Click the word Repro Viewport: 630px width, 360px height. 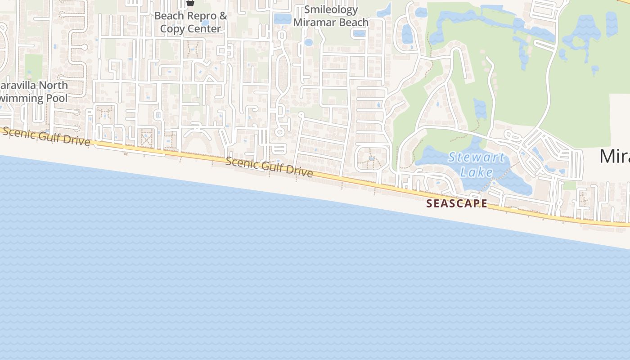pyautogui.click(x=202, y=16)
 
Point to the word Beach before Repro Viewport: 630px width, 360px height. pyautogui.click(x=169, y=16)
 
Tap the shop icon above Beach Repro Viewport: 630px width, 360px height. pyautogui.click(x=190, y=3)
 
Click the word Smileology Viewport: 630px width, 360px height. pyautogui.click(x=331, y=9)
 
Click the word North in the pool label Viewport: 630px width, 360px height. pyautogui.click(x=53, y=85)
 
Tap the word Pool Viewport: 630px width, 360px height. pyautogui.click(x=57, y=98)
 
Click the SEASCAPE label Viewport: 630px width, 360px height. pyautogui.click(x=457, y=203)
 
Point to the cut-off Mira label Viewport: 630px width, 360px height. pyautogui.click(x=615, y=156)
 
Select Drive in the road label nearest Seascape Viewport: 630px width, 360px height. pyautogui.click(x=299, y=172)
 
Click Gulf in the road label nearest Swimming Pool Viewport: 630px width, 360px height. pyautogui.click(x=49, y=136)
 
